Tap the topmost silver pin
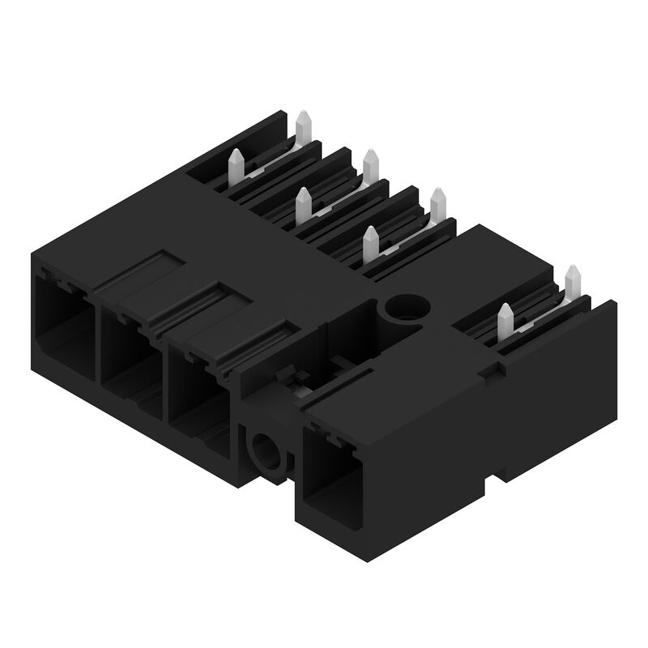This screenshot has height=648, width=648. [304, 126]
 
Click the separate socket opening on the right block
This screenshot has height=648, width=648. [333, 478]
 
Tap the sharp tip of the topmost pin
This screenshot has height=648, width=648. [304, 113]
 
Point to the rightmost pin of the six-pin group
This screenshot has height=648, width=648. [438, 202]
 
